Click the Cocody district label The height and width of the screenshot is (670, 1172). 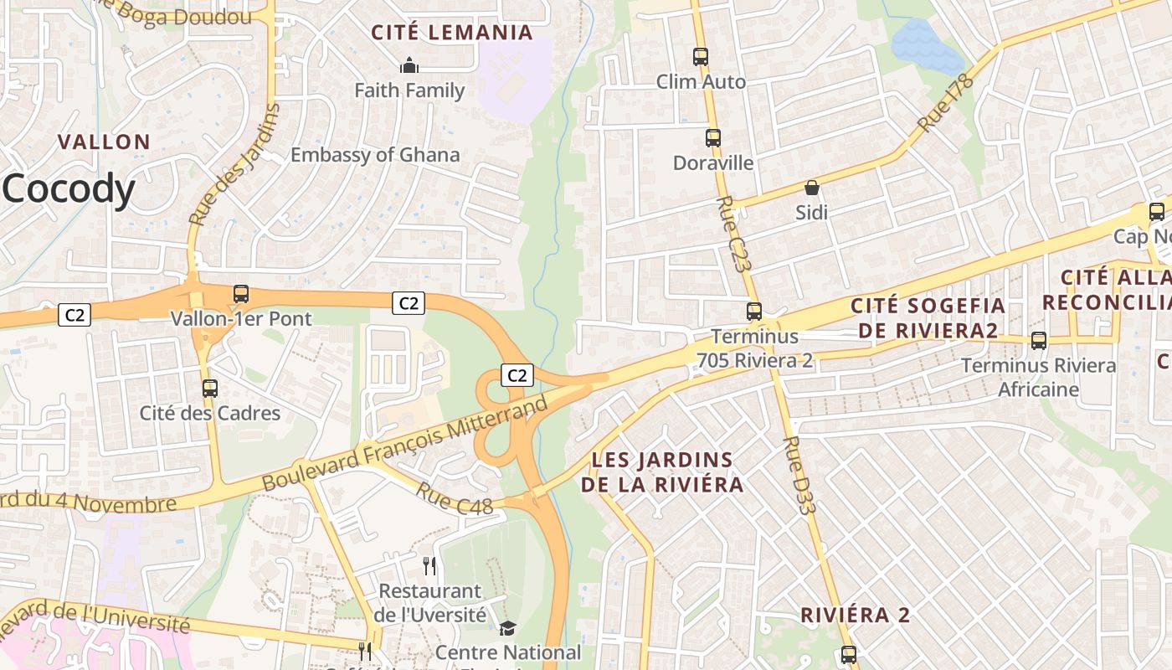[x=69, y=190]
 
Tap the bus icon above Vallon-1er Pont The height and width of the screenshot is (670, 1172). [x=241, y=294]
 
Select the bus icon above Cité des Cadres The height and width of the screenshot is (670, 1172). [x=210, y=389]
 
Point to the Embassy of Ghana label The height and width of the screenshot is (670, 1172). [x=375, y=155]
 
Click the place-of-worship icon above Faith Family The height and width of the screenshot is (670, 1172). [x=409, y=65]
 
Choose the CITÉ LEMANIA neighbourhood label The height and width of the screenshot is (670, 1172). [x=452, y=33]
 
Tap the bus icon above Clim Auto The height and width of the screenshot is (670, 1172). [x=701, y=57]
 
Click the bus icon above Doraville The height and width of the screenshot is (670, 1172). [x=713, y=138]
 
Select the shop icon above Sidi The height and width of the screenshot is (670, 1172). [x=811, y=188]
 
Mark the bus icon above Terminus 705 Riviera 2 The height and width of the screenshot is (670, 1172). [x=754, y=312]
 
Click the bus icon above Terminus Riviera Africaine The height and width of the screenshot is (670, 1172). [x=1039, y=341]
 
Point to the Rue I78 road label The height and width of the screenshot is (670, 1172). [x=947, y=103]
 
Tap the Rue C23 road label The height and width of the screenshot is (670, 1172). [x=732, y=234]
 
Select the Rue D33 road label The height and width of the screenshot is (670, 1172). [x=799, y=469]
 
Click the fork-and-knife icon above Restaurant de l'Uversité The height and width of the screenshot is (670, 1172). [x=429, y=566]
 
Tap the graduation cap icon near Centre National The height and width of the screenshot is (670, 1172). [x=507, y=628]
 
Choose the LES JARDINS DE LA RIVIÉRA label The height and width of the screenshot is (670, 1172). [x=663, y=472]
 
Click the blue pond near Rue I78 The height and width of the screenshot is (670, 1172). [x=926, y=46]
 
